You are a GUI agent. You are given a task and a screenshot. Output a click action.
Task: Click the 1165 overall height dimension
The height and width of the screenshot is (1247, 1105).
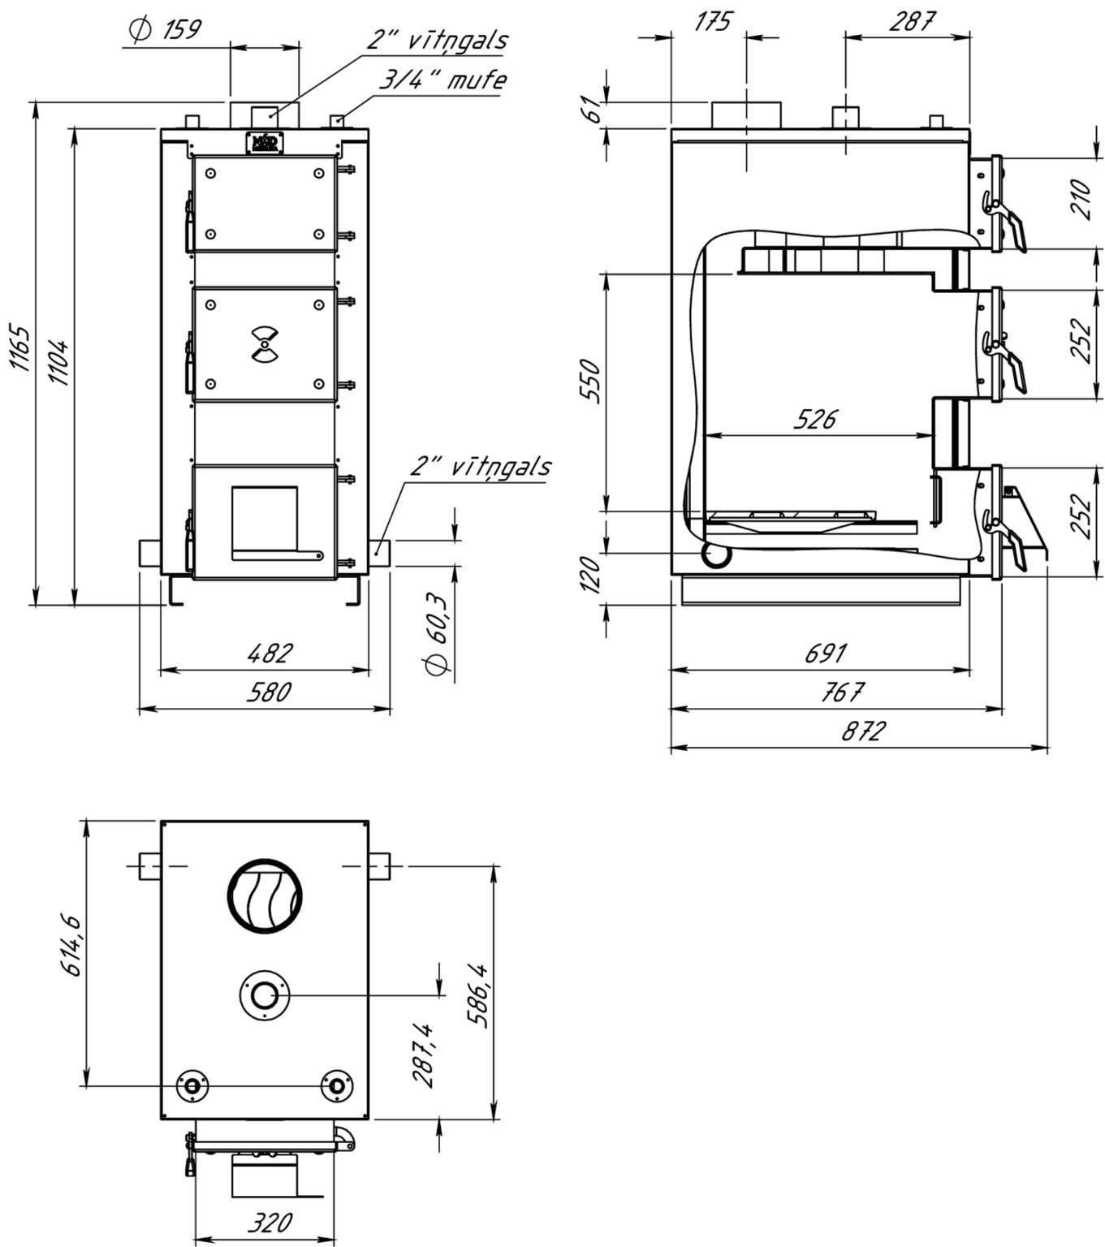point(19,347)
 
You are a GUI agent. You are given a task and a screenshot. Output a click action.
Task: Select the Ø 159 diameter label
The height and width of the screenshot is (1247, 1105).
point(164,29)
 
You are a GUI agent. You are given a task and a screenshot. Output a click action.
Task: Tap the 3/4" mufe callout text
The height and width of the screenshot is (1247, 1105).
point(442,80)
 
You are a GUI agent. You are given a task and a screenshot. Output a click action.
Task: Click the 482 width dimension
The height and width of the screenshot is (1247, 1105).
point(271,653)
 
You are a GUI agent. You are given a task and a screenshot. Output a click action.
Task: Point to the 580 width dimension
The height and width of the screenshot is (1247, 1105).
point(269,692)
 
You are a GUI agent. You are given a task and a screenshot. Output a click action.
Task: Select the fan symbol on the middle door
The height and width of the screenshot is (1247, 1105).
point(265,345)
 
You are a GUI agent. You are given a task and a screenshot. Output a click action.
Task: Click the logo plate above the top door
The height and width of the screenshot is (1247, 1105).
point(265,143)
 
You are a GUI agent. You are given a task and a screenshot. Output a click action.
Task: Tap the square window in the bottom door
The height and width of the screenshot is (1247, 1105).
point(265,517)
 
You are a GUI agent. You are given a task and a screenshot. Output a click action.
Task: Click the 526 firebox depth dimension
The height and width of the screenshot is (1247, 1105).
point(815,419)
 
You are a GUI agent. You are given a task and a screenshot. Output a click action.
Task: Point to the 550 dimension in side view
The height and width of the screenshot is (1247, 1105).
point(590,381)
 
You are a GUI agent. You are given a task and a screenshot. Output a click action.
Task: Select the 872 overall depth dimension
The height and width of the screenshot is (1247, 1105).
point(865,731)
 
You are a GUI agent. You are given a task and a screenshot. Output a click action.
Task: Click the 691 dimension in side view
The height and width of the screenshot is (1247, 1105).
point(827,653)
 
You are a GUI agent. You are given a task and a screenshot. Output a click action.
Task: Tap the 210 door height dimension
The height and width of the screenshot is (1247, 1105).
point(1081,199)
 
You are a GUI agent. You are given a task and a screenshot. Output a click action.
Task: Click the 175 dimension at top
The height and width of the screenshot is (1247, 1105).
point(714,22)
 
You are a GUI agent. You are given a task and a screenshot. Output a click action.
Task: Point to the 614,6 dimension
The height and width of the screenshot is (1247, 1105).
point(72,946)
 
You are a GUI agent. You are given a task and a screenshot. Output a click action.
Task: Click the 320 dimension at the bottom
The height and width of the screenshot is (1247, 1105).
point(270,1221)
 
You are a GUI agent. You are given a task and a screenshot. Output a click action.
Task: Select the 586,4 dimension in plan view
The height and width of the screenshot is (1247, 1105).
point(477,996)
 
